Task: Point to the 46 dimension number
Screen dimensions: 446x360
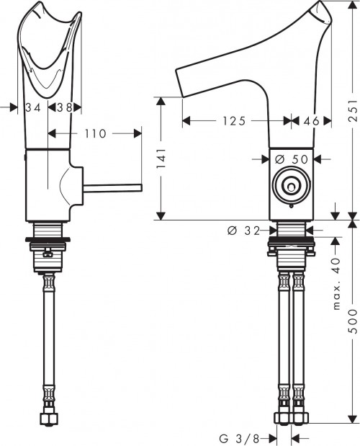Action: pyautogui.click(x=311, y=121)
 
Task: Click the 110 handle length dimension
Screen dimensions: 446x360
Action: pyautogui.click(x=95, y=133)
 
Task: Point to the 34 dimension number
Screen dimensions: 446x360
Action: pyautogui.click(x=32, y=107)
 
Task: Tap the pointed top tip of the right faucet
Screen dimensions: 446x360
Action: pyautogui.click(x=320, y=5)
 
